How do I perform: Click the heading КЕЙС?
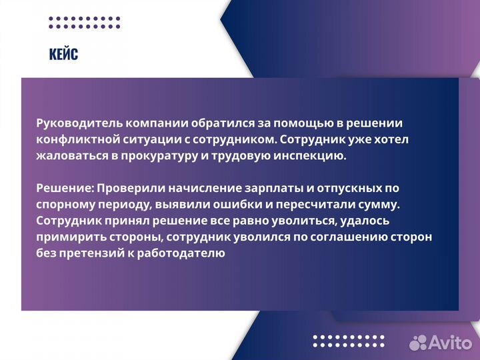coord(63,54)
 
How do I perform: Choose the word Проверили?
coord(126,188)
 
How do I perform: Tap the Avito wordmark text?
coord(449,342)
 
